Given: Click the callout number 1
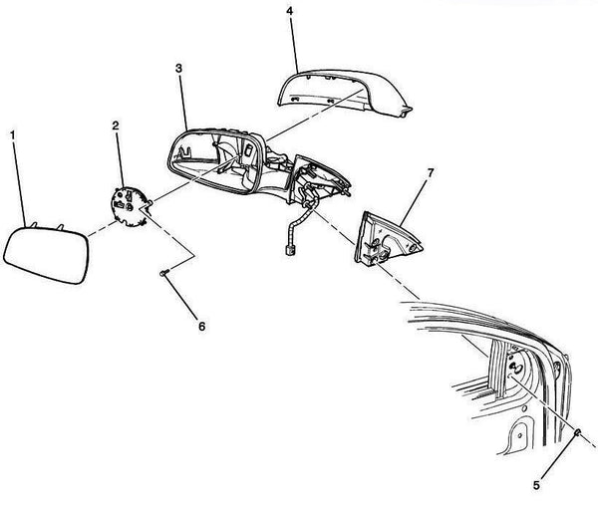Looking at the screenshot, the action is click(x=13, y=134).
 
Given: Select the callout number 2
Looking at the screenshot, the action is click(x=116, y=126).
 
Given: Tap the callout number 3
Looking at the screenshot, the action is click(x=178, y=68).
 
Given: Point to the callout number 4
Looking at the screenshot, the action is click(x=290, y=11).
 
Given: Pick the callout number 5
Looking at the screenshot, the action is click(x=536, y=485).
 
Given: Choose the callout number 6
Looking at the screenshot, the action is click(x=201, y=327).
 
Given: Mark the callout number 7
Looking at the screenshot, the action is click(x=431, y=173).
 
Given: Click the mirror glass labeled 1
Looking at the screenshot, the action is click(x=46, y=255).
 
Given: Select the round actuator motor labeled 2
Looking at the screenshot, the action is click(x=130, y=206).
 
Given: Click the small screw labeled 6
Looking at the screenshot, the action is click(x=164, y=273).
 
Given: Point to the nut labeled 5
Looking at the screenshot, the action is click(x=577, y=432).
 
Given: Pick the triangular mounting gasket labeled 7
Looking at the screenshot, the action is click(x=387, y=238).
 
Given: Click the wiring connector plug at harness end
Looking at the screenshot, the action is click(x=289, y=250).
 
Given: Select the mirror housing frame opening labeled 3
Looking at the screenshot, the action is click(x=216, y=161).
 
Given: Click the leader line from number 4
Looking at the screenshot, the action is click(x=294, y=44).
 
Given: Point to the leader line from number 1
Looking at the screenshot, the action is click(x=20, y=183).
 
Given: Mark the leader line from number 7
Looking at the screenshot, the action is click(x=414, y=201).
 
